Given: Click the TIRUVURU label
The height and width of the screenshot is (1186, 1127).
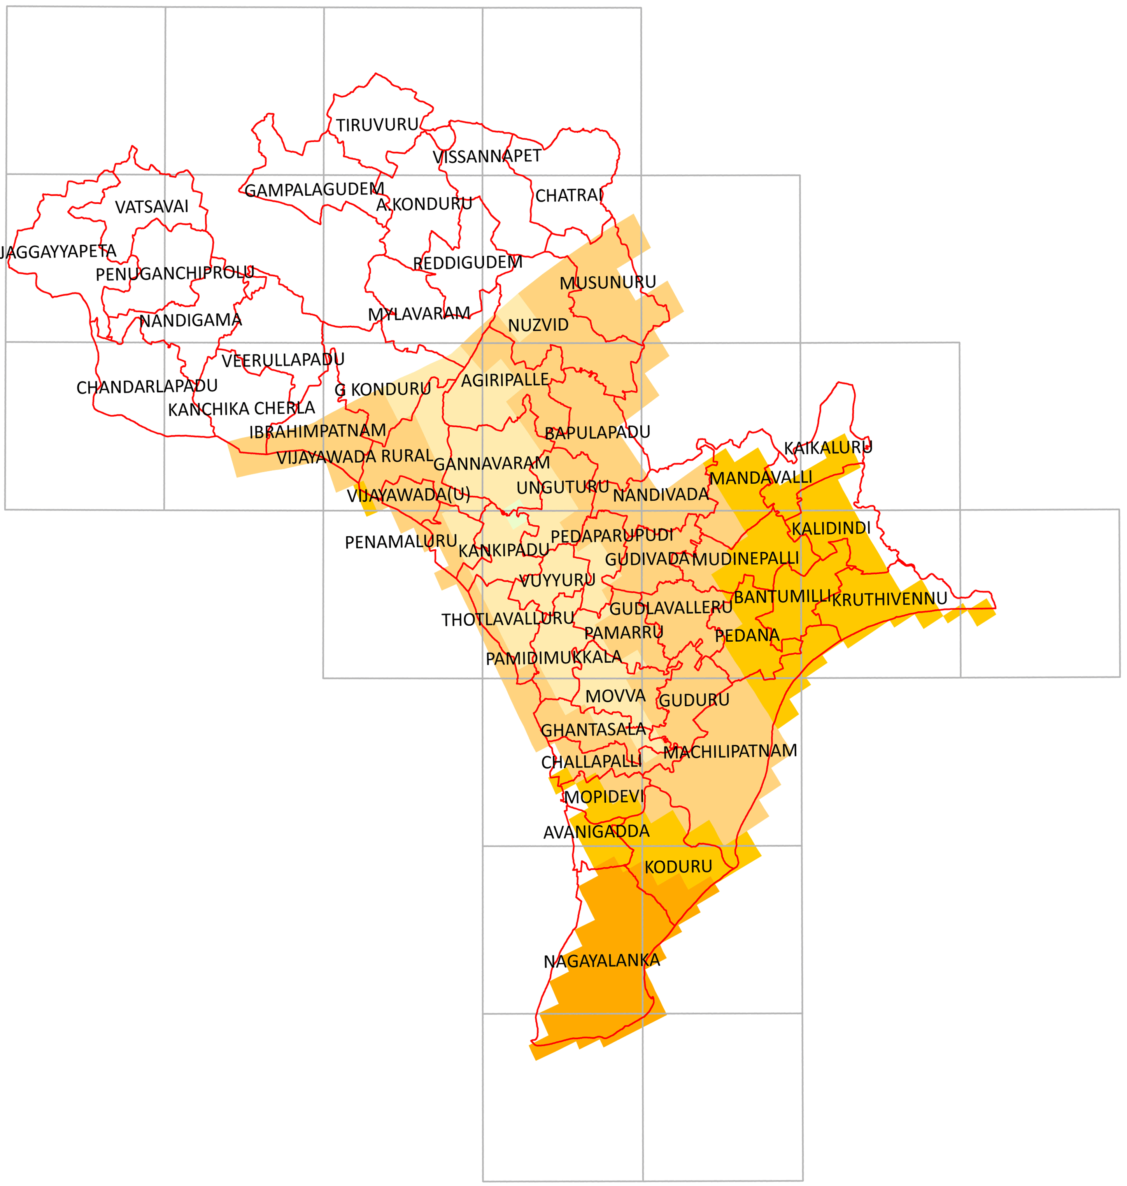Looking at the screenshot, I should pyautogui.click(x=377, y=125).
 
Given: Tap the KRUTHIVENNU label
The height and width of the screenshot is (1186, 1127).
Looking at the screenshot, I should pyautogui.click(x=889, y=598).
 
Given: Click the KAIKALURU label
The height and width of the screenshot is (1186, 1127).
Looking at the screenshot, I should pyautogui.click(x=828, y=447).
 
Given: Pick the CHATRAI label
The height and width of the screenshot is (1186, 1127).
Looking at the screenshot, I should pyautogui.click(x=569, y=195).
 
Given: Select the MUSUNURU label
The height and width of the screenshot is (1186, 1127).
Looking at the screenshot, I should pyautogui.click(x=608, y=282).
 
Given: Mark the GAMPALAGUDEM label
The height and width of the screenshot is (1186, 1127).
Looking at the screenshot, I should pyautogui.click(x=314, y=190).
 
